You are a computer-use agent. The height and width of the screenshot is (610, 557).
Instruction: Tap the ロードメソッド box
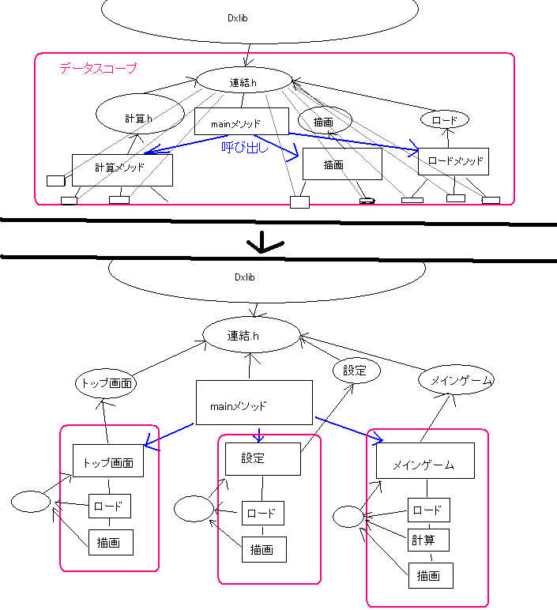point(453,161)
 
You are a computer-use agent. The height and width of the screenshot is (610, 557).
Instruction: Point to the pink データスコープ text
point(97,69)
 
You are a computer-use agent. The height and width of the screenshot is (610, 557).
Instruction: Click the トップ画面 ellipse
point(106,385)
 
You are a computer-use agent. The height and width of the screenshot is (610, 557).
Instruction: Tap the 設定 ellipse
point(356,370)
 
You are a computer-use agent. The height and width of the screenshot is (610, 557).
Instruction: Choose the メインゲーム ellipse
point(460,381)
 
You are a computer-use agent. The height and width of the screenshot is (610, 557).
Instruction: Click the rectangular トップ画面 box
point(108,461)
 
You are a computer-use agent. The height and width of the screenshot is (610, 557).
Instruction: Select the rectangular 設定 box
point(262,458)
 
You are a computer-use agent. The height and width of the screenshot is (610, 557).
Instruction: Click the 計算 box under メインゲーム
point(428,540)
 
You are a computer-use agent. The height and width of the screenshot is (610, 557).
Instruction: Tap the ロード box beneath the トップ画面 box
point(109,506)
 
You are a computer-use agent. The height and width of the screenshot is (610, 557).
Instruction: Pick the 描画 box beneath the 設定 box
point(263,548)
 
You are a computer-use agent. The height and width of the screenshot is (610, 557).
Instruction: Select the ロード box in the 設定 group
point(262,513)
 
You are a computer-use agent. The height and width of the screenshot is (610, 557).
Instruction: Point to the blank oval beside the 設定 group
point(194,508)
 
